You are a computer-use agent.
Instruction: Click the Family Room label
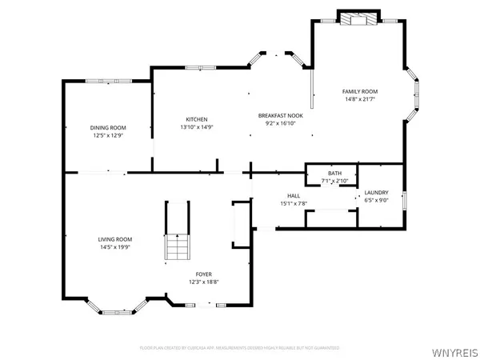[x=360, y=92]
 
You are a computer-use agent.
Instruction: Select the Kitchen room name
[x=197, y=119]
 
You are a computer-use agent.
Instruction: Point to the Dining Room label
[x=107, y=128]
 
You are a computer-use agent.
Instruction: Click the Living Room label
[x=115, y=239]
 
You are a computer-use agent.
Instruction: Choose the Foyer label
[x=203, y=274]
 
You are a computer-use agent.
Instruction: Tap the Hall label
[x=293, y=195]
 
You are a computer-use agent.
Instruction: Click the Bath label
[x=334, y=174]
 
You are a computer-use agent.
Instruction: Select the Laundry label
[x=376, y=193]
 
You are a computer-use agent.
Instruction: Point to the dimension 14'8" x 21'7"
[x=360, y=100]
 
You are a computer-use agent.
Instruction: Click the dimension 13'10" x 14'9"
[x=197, y=127]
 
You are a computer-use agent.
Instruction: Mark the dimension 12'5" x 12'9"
[x=107, y=136]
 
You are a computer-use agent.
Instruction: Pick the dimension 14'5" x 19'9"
[x=115, y=247]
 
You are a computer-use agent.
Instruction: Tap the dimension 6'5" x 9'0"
[x=376, y=201]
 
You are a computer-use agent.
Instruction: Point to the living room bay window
[x=118, y=305]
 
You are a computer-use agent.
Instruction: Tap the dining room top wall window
[x=107, y=80]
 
